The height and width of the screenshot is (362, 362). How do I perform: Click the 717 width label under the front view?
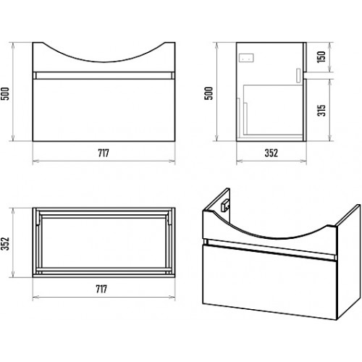[x=104, y=153]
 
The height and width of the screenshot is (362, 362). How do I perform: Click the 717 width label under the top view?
[x=101, y=289]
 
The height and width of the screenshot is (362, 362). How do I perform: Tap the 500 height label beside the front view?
[x=5, y=93]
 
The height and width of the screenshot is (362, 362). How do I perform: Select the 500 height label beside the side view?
[x=209, y=93]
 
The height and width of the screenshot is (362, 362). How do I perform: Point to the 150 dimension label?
[x=321, y=57]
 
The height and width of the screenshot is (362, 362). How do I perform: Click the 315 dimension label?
[x=321, y=111]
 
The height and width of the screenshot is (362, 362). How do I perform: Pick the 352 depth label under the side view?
[x=271, y=153]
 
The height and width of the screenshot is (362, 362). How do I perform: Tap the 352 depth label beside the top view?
[x=5, y=244]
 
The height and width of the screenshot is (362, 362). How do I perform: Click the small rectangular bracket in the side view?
[x=246, y=58]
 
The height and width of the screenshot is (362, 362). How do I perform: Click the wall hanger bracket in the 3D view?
[x=226, y=206]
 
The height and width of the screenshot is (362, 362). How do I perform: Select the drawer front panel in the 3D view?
[x=269, y=282]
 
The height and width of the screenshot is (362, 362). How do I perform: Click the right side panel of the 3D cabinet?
[x=349, y=262]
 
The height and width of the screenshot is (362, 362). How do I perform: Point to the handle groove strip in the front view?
[x=104, y=75]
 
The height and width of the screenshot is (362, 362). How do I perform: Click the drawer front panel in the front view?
[x=104, y=110]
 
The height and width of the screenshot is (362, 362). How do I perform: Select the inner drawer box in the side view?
[x=273, y=109]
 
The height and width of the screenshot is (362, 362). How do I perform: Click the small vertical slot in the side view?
[x=298, y=75]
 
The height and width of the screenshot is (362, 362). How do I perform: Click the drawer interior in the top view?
[x=104, y=242]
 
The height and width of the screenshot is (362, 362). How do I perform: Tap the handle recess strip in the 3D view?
[x=270, y=249]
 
